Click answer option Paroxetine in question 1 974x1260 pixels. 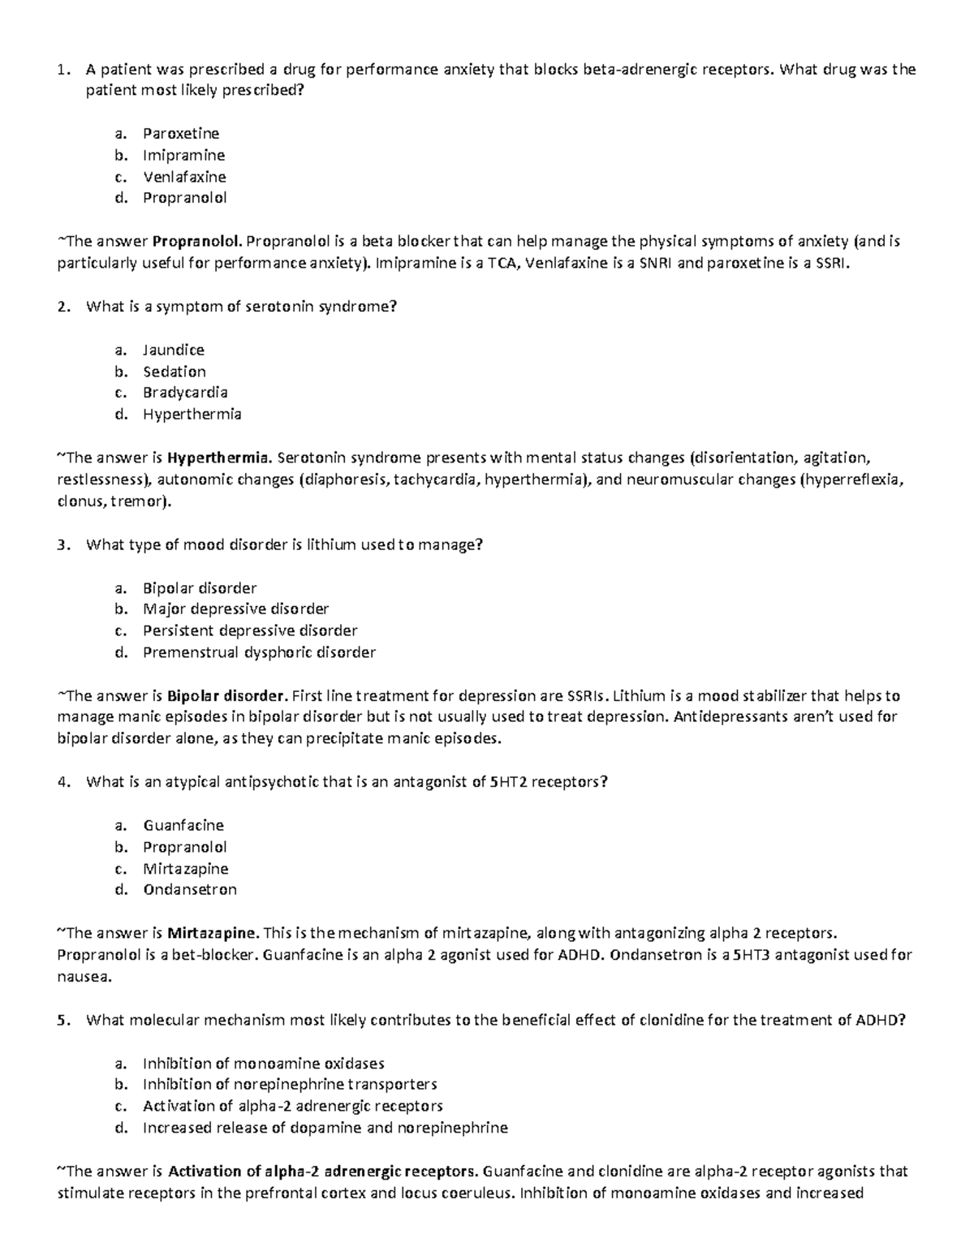click(x=181, y=134)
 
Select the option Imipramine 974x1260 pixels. click(x=183, y=155)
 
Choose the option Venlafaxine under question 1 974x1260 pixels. click(x=184, y=177)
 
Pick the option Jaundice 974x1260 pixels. click(x=174, y=350)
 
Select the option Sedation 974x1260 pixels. click(x=175, y=372)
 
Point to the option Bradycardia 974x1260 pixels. click(x=185, y=393)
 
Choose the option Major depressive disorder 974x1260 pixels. click(x=235, y=609)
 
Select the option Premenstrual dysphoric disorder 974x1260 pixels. click(x=259, y=652)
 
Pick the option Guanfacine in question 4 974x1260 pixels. click(x=183, y=826)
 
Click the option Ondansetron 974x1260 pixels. click(x=190, y=890)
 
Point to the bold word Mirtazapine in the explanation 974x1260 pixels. click(x=213, y=933)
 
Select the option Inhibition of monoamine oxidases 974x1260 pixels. click(x=263, y=1064)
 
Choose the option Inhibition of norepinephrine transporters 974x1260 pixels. click(x=290, y=1085)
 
